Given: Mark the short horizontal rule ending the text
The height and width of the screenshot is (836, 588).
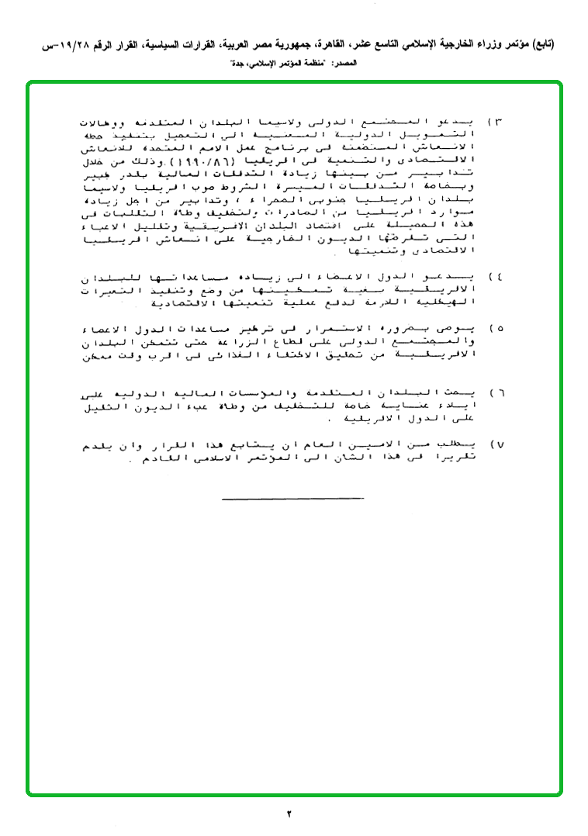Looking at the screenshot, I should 292,498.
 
